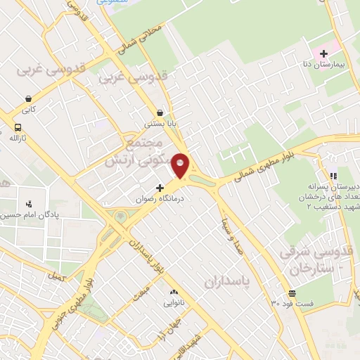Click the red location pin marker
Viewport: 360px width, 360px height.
181,165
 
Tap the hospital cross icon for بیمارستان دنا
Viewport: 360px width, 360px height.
323,53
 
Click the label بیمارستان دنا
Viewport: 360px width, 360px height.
328,65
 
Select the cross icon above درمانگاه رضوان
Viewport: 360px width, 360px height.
160,188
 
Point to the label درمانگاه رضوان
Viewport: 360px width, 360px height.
154,199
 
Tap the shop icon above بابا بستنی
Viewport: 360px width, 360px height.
160,112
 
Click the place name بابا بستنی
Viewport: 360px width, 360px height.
159,124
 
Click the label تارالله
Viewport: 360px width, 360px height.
17,139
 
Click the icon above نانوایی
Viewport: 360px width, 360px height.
173,292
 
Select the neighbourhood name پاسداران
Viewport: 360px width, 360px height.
228,281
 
